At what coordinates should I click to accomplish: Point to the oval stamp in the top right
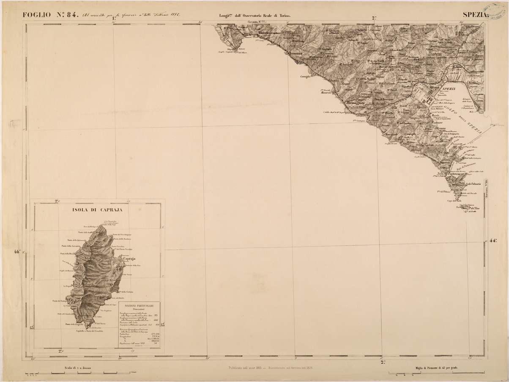497,10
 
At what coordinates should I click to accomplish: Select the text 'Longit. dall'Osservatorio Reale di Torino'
255,16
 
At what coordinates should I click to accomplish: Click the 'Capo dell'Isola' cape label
454,201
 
